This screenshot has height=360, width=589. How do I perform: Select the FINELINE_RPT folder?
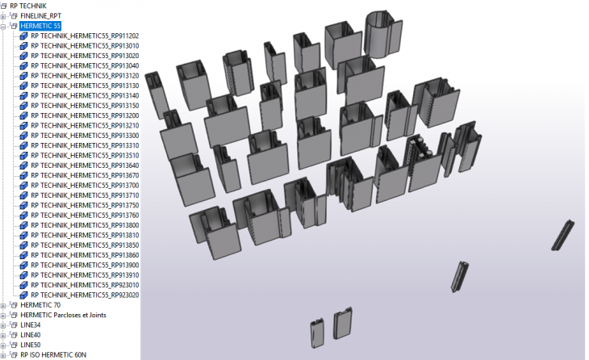[45, 15]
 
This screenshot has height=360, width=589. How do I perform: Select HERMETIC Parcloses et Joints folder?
[63, 315]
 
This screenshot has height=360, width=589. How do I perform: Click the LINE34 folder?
[30, 324]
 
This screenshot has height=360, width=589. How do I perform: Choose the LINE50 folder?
[30, 345]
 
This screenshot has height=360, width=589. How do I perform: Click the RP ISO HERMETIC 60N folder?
[52, 354]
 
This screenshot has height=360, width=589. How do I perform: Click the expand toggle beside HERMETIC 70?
[3, 305]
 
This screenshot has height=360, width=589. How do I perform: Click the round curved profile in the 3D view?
[382, 35]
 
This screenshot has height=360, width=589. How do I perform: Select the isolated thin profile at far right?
[562, 234]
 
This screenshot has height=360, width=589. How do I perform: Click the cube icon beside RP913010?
[24, 46]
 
